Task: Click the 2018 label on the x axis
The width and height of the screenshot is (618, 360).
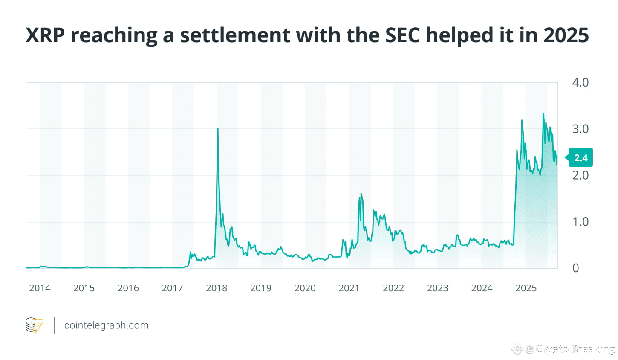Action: click(217, 288)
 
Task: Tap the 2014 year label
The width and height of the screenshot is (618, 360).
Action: click(40, 288)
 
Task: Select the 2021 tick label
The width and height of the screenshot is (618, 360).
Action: click(349, 288)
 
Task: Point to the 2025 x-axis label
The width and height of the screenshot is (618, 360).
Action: click(526, 288)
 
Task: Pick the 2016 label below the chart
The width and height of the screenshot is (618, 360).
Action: click(128, 288)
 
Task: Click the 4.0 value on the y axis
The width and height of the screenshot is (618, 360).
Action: click(580, 82)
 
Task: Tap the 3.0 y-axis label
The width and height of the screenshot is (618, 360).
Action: click(580, 129)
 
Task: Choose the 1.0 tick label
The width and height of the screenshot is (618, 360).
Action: click(580, 222)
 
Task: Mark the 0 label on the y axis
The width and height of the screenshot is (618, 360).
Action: click(576, 268)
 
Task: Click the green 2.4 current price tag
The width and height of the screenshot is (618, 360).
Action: click(580, 158)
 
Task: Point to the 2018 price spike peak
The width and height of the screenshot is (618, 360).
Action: click(218, 128)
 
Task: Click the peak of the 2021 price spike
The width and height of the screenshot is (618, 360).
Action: click(361, 194)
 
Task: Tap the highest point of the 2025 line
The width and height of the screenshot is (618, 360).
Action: click(543, 113)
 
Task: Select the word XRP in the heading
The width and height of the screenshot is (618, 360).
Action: click(45, 35)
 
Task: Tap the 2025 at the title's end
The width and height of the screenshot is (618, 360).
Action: click(566, 35)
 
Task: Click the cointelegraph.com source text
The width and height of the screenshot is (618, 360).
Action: click(106, 325)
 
